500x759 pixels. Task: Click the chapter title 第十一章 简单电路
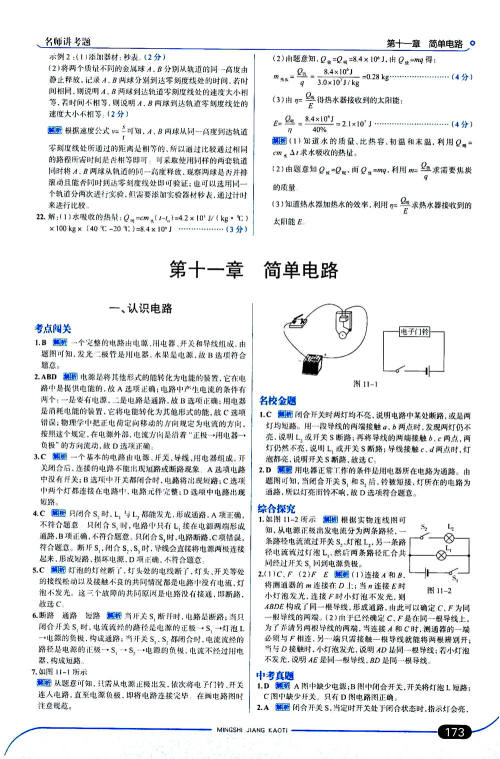[249, 270]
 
